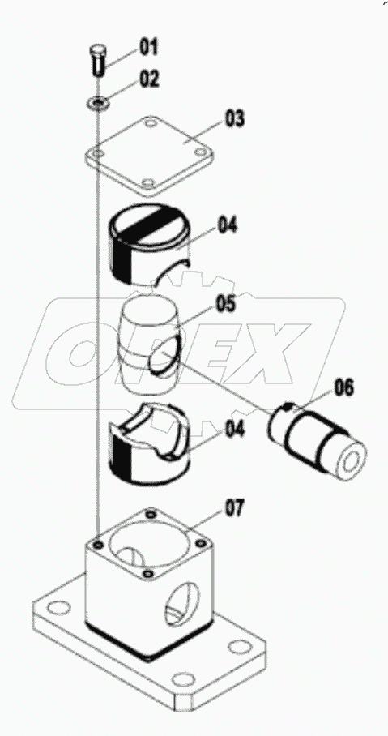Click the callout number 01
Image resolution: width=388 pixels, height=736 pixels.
coord(148,46)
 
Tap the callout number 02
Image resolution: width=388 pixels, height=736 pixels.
coord(150,79)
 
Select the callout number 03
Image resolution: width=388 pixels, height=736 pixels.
coord(234,119)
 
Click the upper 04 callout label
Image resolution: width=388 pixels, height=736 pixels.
coord(227,226)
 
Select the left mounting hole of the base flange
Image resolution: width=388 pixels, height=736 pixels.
coord(58,610)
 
